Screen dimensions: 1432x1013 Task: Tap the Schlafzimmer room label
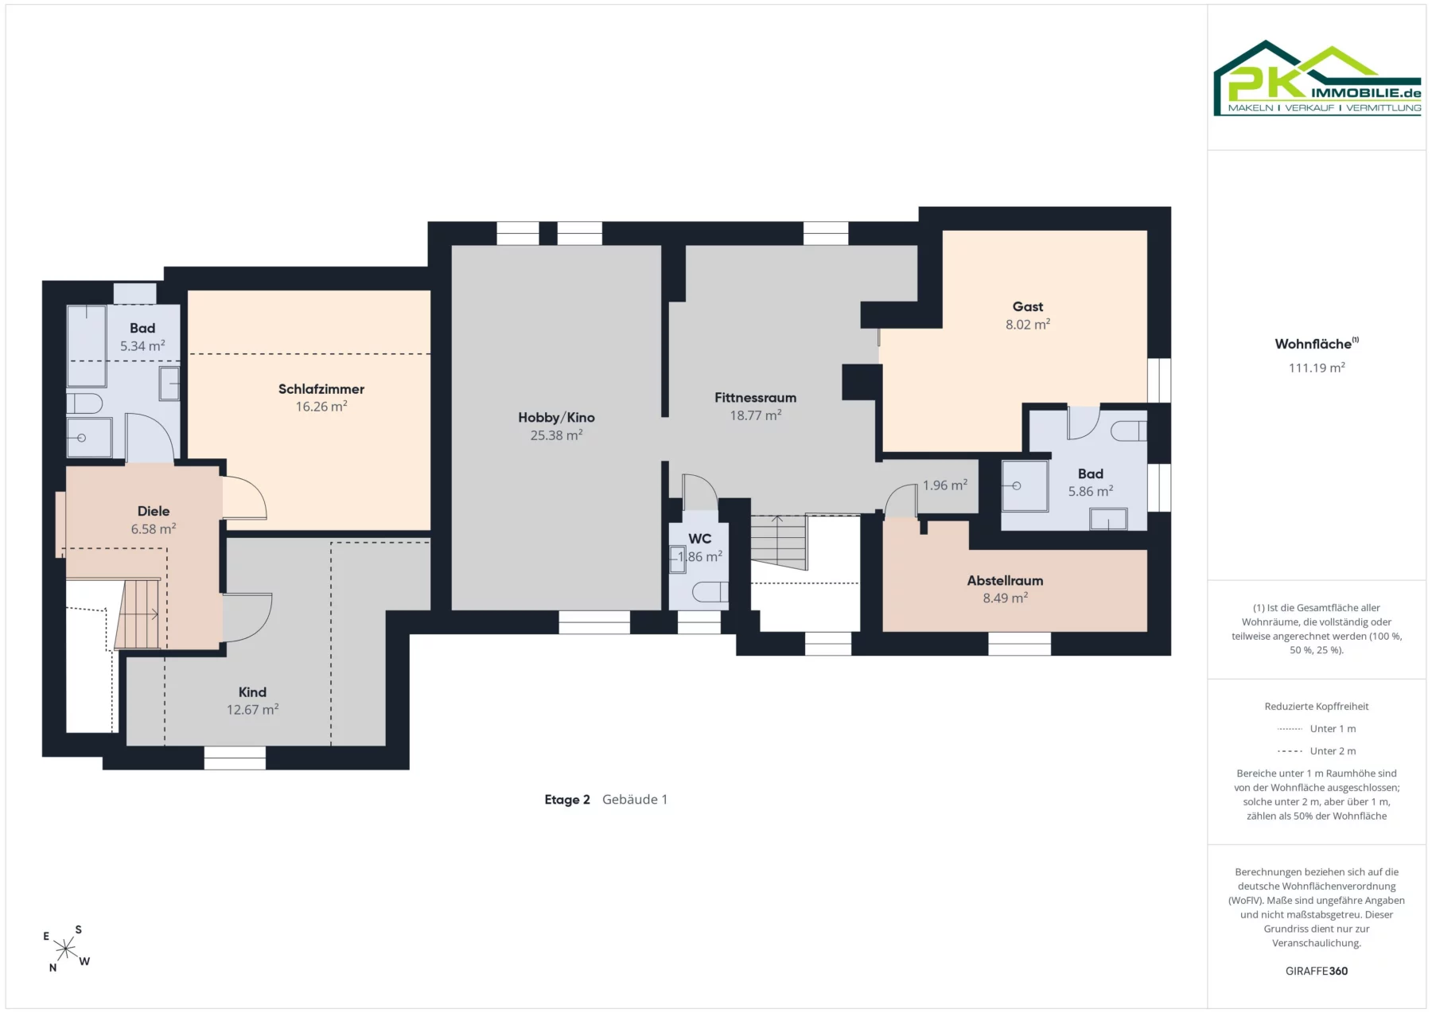[x=321, y=389]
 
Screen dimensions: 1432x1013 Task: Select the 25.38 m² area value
[x=557, y=435]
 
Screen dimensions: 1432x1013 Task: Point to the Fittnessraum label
[x=755, y=398]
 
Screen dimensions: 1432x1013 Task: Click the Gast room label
[x=1028, y=306]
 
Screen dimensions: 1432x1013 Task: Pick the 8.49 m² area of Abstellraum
[x=1006, y=598]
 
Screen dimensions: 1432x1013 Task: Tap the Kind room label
[x=252, y=692]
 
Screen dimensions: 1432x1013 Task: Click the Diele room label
[x=154, y=511]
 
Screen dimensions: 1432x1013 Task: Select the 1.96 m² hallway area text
[x=945, y=485]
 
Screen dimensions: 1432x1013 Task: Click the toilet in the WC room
[x=710, y=592]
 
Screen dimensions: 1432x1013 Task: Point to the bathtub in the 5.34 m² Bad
[x=87, y=335]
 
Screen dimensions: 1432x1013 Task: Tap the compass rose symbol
[x=66, y=949]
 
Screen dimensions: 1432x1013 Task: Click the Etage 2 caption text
[x=567, y=800]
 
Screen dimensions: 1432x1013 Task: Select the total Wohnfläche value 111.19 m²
[x=1317, y=368]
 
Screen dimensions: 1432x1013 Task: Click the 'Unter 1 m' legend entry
[x=1317, y=729]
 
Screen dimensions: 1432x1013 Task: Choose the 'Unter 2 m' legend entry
[x=1317, y=751]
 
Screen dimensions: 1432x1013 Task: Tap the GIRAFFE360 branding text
[x=1317, y=971]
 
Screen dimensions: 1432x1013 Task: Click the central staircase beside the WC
[x=780, y=542]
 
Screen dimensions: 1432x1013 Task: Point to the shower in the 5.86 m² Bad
[x=1025, y=485]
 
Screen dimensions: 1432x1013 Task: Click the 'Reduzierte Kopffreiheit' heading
[x=1317, y=707]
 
